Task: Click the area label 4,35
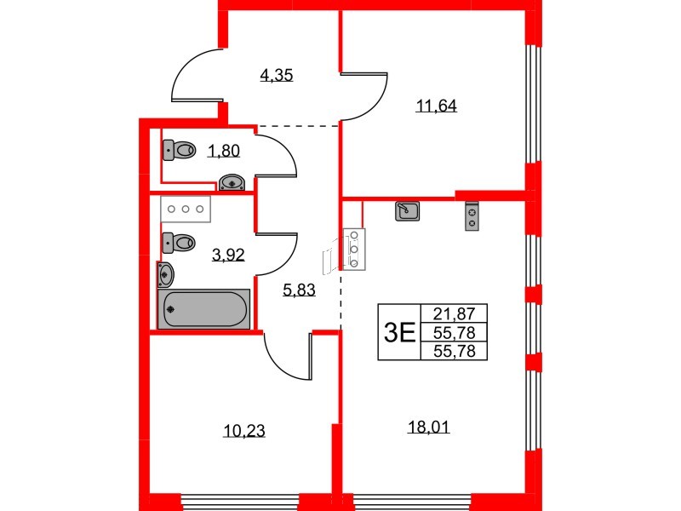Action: (277, 76)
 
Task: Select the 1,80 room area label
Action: (224, 152)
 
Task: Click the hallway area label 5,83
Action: (299, 290)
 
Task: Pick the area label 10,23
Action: (244, 431)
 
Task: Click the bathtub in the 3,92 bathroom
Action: (204, 308)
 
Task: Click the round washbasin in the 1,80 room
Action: (233, 181)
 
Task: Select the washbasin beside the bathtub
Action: (165, 274)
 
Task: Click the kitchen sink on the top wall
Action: (408, 210)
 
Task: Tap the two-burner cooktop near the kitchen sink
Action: (471, 215)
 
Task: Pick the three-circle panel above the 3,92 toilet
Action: (186, 209)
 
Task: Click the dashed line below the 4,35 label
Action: (298, 127)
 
